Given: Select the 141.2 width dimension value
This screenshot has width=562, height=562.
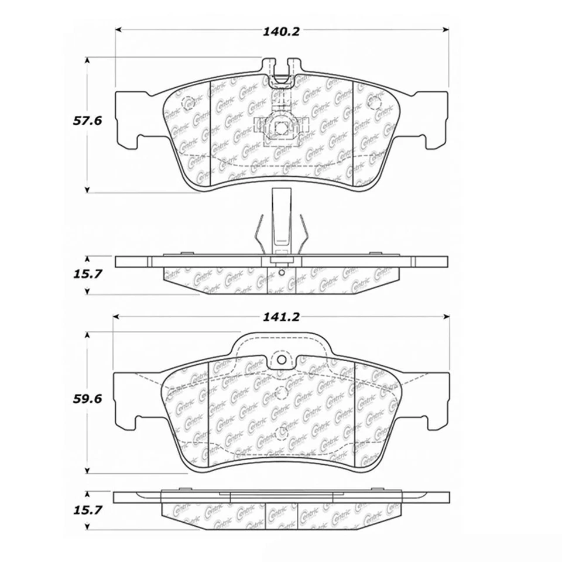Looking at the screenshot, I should (282, 317).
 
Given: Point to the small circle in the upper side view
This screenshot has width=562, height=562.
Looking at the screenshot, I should (282, 272).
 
